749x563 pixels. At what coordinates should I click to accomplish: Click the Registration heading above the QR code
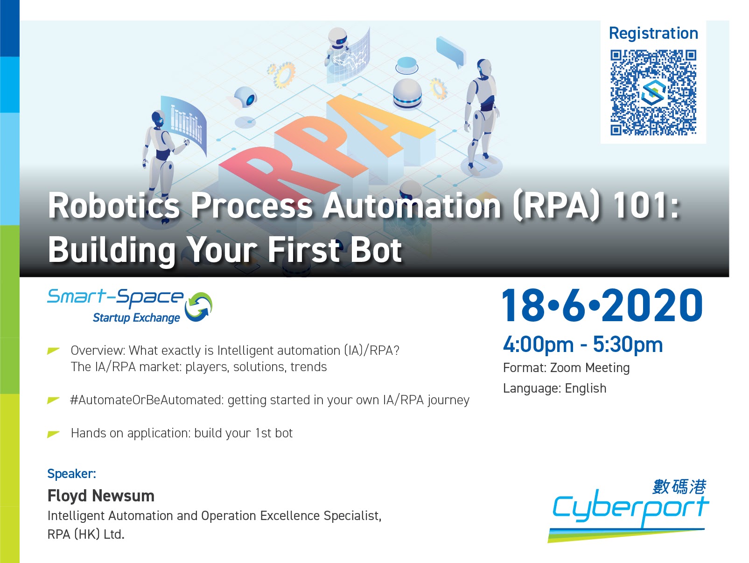pyautogui.click(x=653, y=34)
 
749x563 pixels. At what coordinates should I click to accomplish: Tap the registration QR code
pyautogui.click(x=653, y=92)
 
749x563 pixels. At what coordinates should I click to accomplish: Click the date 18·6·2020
pyautogui.click(x=602, y=305)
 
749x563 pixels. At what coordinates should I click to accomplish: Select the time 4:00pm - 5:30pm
pyautogui.click(x=583, y=345)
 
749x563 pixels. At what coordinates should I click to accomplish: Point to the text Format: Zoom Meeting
pyautogui.click(x=567, y=368)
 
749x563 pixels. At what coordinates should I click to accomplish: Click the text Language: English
pyautogui.click(x=555, y=388)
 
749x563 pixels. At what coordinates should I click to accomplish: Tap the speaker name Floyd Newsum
pyautogui.click(x=101, y=496)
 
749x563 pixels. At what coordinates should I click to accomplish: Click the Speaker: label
pyautogui.click(x=72, y=474)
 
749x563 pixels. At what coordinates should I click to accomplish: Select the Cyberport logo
pyautogui.click(x=629, y=511)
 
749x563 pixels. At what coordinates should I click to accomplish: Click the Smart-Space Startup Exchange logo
pyautogui.click(x=130, y=306)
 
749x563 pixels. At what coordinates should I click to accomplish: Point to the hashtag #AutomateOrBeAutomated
pyautogui.click(x=147, y=400)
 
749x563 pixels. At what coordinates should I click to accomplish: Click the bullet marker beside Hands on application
pyautogui.click(x=53, y=434)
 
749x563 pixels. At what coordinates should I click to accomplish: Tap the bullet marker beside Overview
pyautogui.click(x=53, y=351)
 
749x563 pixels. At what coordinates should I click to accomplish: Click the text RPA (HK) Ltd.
pyautogui.click(x=86, y=535)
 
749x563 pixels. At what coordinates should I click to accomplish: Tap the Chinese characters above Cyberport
pyautogui.click(x=679, y=487)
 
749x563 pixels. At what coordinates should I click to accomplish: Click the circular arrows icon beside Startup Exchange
pyautogui.click(x=199, y=307)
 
